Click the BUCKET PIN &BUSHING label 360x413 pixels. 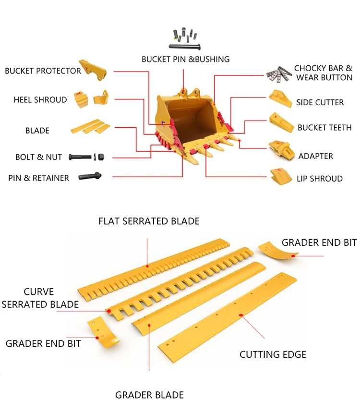click(x=185, y=59)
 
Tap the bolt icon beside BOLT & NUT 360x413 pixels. click(x=80, y=157)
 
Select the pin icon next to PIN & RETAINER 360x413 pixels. click(x=90, y=176)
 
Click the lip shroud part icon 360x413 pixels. click(x=281, y=176)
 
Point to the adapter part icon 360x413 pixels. click(x=281, y=150)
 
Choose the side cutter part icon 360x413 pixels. click(x=280, y=98)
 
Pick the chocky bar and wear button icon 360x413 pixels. click(x=278, y=74)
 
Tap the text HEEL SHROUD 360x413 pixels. click(x=40, y=100)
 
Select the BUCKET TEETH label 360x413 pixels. click(x=324, y=128)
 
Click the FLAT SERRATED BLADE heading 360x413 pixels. click(x=149, y=221)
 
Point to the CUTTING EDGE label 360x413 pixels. click(x=273, y=354)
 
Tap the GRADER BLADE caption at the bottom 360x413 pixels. click(x=149, y=395)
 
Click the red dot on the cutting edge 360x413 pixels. click(x=240, y=315)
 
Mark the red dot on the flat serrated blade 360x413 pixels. click(x=147, y=267)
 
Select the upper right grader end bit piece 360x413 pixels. click(x=278, y=250)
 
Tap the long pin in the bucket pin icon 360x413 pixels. click(x=185, y=47)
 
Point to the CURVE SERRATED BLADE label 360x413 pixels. click(x=40, y=298)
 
